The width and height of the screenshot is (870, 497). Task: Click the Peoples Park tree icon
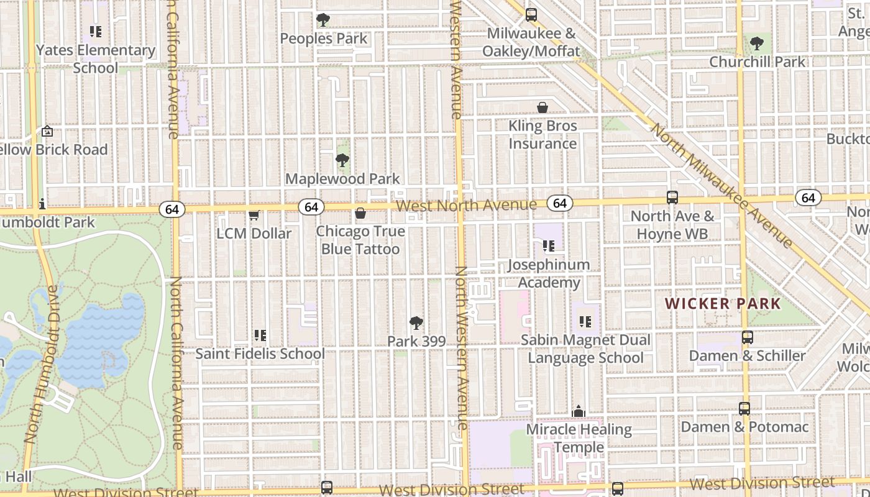click(x=323, y=20)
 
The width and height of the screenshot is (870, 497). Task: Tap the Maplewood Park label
click(x=342, y=179)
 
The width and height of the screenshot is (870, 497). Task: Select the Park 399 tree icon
click(x=416, y=323)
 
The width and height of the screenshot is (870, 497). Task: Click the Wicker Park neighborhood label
click(x=723, y=304)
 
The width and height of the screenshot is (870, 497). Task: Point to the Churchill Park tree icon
click(x=756, y=43)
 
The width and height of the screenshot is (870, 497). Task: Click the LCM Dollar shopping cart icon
click(x=254, y=216)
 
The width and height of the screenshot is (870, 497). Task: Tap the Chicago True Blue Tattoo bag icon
click(x=360, y=214)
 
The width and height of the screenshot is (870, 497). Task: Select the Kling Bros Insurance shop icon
click(x=543, y=107)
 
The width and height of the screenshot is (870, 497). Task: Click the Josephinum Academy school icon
click(x=548, y=246)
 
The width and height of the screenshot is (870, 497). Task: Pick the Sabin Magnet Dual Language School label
click(x=585, y=349)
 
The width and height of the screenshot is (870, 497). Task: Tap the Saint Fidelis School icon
click(x=260, y=335)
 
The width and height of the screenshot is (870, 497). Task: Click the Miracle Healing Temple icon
click(x=579, y=411)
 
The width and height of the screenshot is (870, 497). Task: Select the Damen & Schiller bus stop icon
click(x=748, y=337)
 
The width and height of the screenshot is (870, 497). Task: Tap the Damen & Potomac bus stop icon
click(x=744, y=409)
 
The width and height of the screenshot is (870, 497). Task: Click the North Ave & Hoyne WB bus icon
click(x=672, y=198)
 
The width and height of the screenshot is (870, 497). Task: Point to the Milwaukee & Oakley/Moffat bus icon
click(x=531, y=15)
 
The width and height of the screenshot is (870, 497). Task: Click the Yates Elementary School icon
click(x=95, y=31)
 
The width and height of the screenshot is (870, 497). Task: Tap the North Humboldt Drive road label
click(x=43, y=363)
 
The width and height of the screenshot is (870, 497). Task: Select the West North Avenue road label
click(x=466, y=205)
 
